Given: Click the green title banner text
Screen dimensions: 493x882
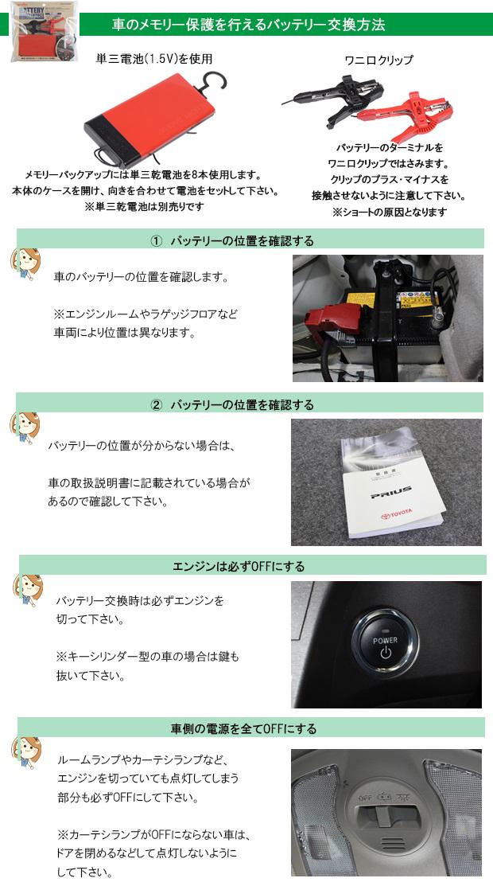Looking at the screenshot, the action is pyautogui.click(x=248, y=25).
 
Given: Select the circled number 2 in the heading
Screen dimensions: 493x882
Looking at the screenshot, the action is pyautogui.click(x=157, y=405).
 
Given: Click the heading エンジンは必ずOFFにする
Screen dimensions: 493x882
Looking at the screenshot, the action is pyautogui.click(x=239, y=566).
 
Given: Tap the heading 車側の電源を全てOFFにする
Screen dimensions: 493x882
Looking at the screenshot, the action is pyautogui.click(x=244, y=729).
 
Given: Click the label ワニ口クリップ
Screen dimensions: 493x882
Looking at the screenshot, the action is pyautogui.click(x=378, y=60).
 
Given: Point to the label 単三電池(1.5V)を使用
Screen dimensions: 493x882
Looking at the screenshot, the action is pyautogui.click(x=154, y=58).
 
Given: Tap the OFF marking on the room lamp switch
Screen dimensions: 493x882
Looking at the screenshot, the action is pyautogui.click(x=366, y=798).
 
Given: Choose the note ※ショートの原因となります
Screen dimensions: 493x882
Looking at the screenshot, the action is pyautogui.click(x=389, y=212).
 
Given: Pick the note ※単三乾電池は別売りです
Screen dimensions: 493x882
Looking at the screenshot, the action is pyautogui.click(x=145, y=206).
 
